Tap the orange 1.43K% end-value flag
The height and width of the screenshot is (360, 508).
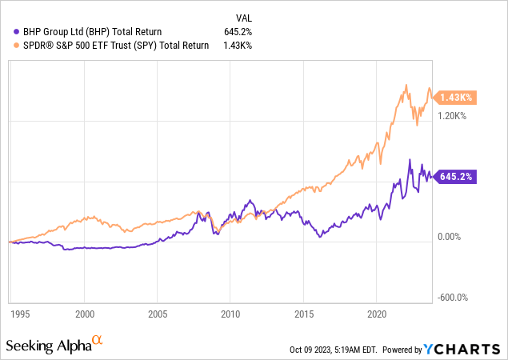coord(456,98)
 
